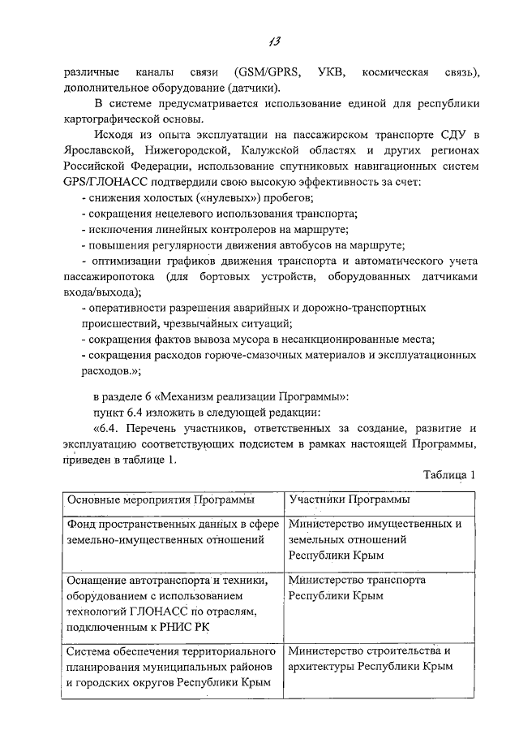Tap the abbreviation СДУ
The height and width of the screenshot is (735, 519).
coord(448,134)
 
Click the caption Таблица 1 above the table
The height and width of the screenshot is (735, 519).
coord(451,474)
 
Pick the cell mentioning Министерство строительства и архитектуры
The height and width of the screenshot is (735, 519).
coord(369,659)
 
